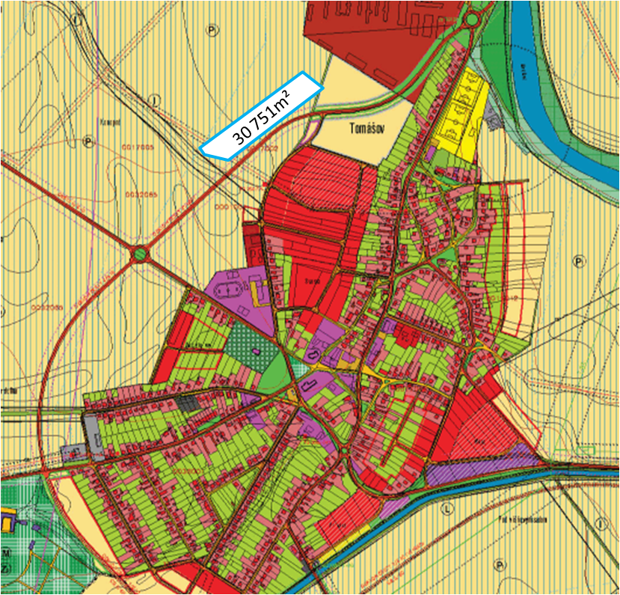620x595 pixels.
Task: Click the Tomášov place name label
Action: point(366,128)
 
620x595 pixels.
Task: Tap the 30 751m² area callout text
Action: point(261,115)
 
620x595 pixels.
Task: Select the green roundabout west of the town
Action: point(140,255)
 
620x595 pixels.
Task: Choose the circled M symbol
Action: point(6,552)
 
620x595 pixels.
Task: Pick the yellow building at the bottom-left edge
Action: point(5,519)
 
